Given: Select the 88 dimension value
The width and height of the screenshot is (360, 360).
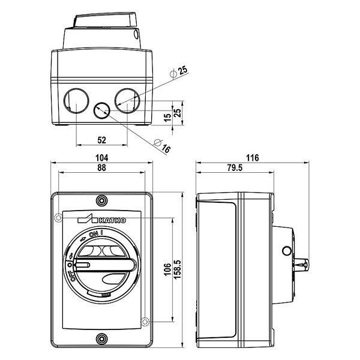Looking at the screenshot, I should (101, 169).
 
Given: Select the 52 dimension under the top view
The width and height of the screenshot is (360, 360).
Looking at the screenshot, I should (101, 140).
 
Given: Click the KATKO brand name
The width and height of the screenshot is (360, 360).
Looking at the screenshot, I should (112, 220).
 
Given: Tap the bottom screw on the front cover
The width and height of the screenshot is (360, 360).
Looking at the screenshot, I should (101, 340).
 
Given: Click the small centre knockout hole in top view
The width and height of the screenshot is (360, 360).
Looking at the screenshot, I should (101, 110).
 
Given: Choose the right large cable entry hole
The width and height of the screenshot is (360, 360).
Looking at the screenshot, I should (127, 98).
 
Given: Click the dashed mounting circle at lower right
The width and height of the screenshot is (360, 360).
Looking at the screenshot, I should (144, 323).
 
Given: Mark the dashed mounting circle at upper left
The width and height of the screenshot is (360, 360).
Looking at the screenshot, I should (58, 218).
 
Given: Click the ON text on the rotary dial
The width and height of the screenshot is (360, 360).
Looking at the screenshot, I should (95, 234).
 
